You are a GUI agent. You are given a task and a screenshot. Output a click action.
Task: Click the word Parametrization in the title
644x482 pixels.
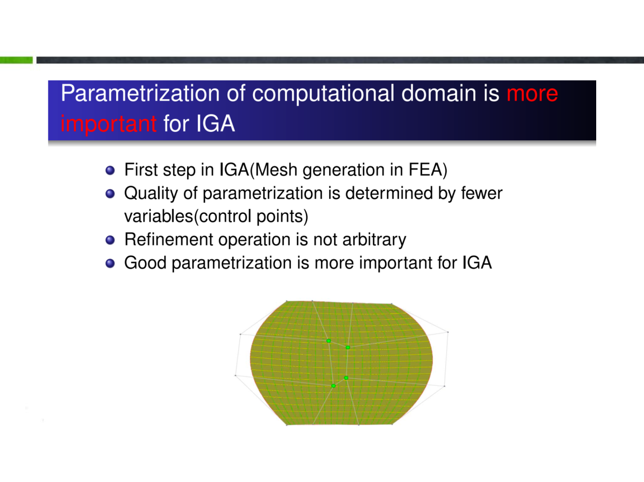click(x=140, y=93)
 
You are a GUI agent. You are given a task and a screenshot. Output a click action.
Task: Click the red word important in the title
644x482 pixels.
click(x=108, y=124)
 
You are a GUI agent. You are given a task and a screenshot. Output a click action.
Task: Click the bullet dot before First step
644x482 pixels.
click(x=110, y=171)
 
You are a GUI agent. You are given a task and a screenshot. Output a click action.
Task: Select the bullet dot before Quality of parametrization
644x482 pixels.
click(x=110, y=194)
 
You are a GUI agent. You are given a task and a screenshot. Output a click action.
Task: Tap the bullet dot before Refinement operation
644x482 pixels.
click(x=110, y=240)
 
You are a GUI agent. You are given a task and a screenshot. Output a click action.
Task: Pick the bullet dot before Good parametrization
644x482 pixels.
click(x=110, y=263)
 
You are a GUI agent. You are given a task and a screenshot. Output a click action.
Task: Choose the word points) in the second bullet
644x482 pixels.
click(x=282, y=216)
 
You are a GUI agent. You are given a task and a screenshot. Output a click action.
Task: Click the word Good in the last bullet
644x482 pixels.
click(x=145, y=263)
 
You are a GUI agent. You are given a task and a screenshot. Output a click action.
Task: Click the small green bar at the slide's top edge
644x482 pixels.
click(x=16, y=60)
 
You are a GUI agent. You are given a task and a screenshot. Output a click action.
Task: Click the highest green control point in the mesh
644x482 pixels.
click(x=329, y=341)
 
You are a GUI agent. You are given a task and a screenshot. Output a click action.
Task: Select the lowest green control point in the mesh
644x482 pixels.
click(x=333, y=386)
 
